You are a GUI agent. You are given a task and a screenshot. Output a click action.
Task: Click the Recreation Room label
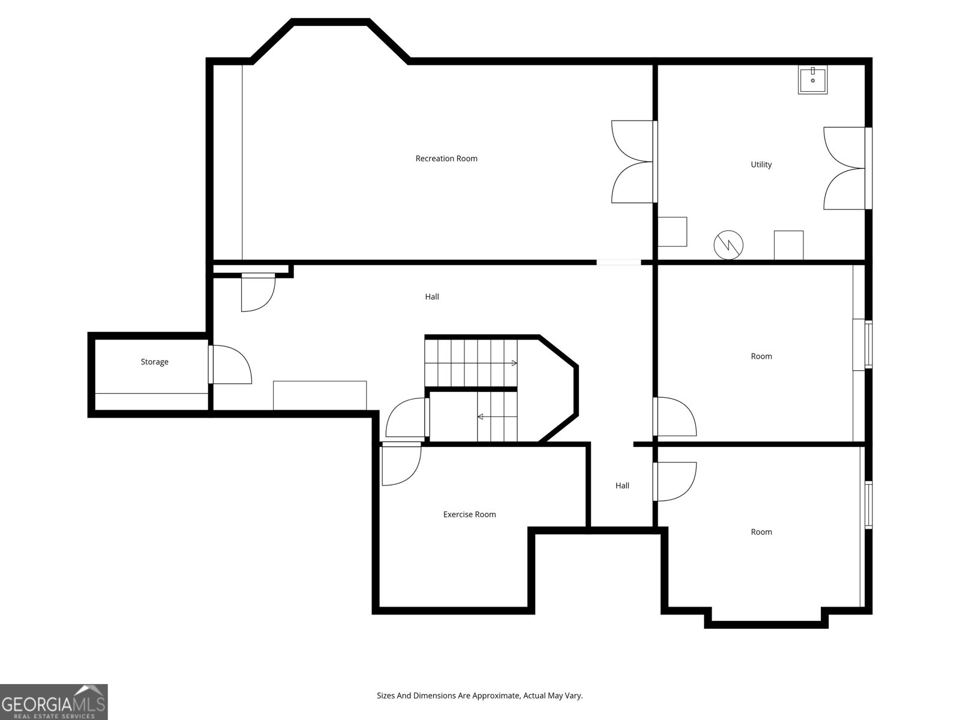click(x=446, y=158)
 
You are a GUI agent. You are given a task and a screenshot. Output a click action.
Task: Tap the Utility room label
click(x=761, y=164)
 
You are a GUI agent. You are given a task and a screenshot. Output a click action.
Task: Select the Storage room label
click(x=154, y=362)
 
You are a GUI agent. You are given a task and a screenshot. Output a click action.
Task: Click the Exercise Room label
click(x=469, y=514)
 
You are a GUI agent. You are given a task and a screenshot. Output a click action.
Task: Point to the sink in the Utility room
click(x=812, y=80)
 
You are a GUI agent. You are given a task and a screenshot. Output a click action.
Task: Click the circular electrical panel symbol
click(x=728, y=245)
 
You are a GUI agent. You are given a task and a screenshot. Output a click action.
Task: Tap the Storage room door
click(x=230, y=365)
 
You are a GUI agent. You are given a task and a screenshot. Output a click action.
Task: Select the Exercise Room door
click(x=401, y=463)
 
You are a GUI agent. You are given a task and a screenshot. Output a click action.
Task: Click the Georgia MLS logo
click(x=54, y=701)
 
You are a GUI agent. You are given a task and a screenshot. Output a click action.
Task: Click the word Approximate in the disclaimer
click(x=496, y=695)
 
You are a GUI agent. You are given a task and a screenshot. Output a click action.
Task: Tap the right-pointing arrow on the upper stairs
click(x=514, y=363)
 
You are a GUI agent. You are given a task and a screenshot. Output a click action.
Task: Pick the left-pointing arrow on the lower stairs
click(x=481, y=416)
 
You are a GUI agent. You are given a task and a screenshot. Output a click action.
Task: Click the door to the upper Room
click(x=674, y=416)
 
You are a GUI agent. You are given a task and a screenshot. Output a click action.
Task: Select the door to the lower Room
click(x=674, y=481)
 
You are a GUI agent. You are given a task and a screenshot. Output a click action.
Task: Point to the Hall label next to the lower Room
click(x=622, y=485)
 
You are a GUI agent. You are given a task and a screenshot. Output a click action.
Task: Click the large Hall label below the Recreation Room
click(x=431, y=296)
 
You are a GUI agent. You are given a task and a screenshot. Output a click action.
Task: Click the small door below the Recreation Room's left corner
click(x=257, y=292)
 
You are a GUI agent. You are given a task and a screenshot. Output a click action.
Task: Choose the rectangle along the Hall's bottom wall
click(x=320, y=395)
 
